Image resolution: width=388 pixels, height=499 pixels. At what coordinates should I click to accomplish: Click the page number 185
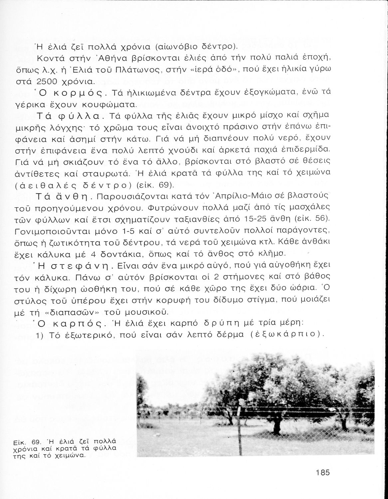tap(322, 472)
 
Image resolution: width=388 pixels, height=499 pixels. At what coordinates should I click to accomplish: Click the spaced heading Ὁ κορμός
tap(69, 92)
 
